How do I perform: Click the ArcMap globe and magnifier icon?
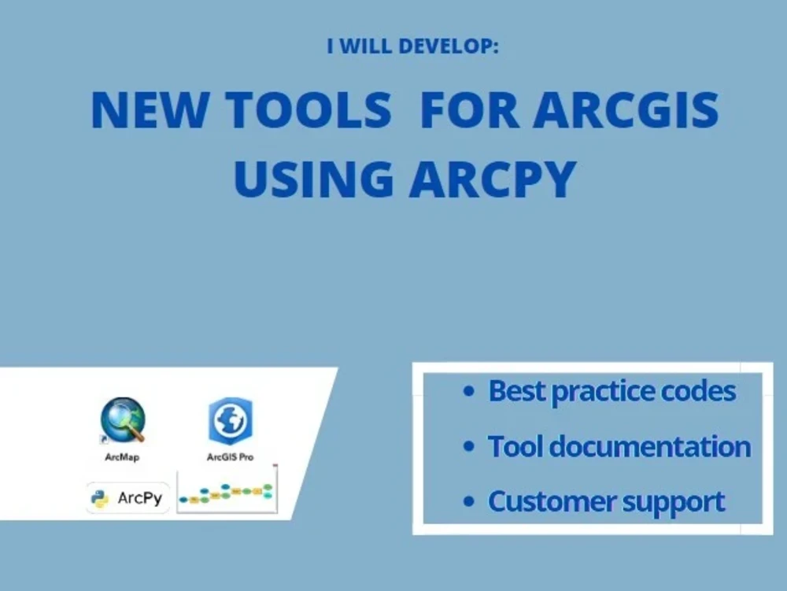pos(123,420)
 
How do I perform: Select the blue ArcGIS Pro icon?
pos(230,422)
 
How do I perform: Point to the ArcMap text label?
pos(121,457)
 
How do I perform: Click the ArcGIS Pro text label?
pos(230,457)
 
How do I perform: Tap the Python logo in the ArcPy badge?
pos(101,498)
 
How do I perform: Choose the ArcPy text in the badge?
pos(139,498)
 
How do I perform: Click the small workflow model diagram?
pos(227,493)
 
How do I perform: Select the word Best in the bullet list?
pos(516,391)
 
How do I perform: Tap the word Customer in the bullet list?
pos(543,501)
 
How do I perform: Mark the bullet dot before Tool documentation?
pos(470,447)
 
